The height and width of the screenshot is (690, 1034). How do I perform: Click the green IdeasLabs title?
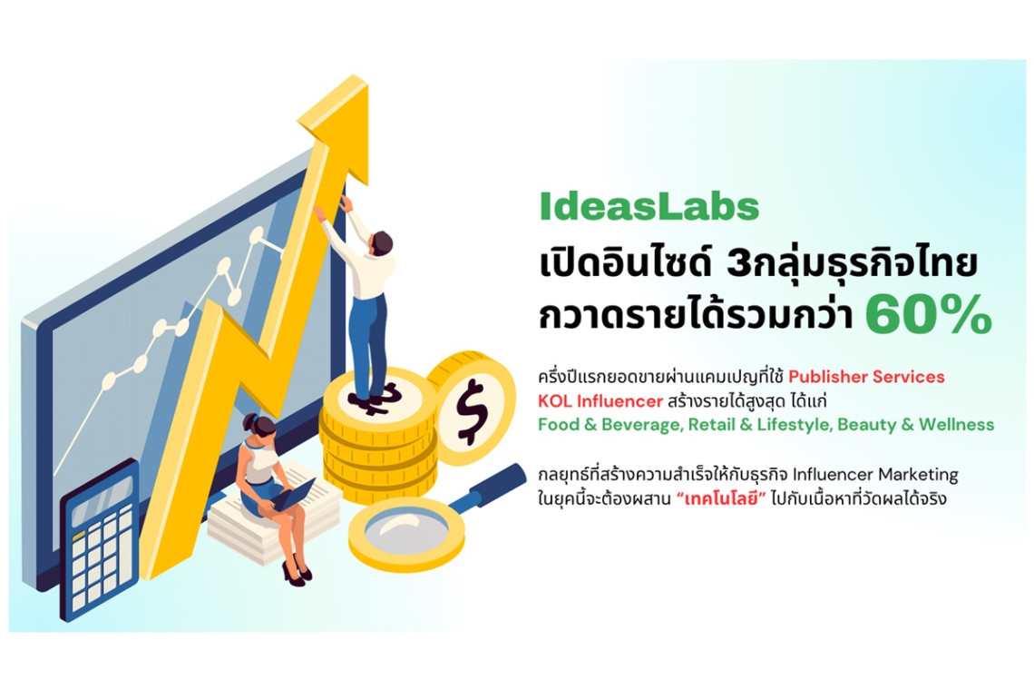[649, 206]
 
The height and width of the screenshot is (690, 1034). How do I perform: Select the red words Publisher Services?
[866, 377]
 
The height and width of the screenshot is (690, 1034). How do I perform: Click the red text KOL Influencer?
[600, 400]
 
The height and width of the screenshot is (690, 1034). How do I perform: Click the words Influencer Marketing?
[875, 474]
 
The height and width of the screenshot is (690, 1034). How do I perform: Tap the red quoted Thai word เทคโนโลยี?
[721, 498]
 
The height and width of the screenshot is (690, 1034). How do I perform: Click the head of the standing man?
[381, 243]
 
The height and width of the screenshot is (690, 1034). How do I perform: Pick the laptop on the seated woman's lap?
[293, 494]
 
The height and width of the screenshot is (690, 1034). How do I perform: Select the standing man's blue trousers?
[368, 343]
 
